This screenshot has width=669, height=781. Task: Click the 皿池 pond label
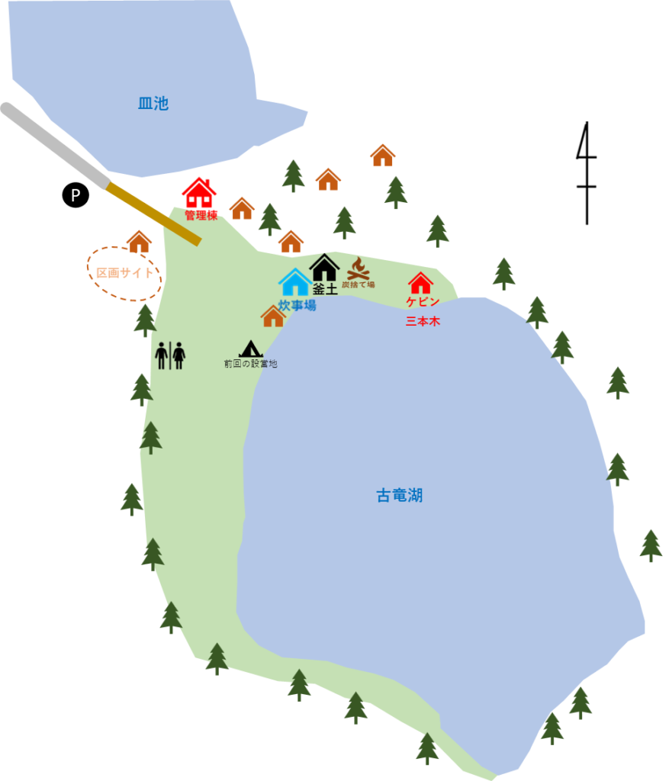[153, 104]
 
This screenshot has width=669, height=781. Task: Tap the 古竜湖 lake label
[399, 496]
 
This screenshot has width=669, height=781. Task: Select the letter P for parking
[76, 196]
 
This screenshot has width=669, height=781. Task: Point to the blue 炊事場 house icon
[295, 283]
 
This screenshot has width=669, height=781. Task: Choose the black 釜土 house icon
[324, 268]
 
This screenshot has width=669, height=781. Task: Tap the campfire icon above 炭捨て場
[358, 268]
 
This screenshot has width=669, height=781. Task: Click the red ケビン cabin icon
[420, 283]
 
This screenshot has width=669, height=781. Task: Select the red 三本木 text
[423, 321]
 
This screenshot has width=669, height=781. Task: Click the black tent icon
[250, 349]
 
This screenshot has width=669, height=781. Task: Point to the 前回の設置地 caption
[250, 364]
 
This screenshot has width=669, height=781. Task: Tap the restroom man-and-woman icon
[170, 355]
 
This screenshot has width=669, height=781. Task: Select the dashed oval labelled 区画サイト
[124, 273]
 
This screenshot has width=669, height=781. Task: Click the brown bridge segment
[153, 214]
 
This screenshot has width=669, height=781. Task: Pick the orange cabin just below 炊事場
[273, 317]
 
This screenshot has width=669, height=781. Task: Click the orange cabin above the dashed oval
[139, 242]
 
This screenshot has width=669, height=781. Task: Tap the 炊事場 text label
[297, 305]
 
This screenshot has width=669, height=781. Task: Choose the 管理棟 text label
[201, 216]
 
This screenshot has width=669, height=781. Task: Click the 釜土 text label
[325, 290]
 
